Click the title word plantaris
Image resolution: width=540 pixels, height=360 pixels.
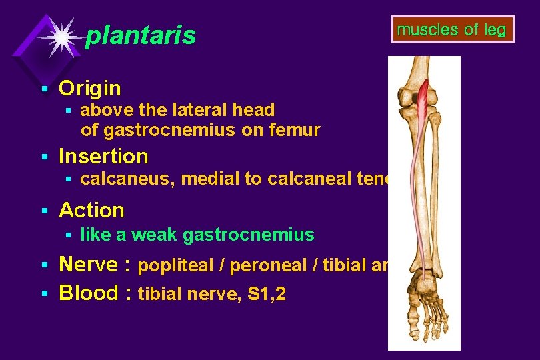(141, 35)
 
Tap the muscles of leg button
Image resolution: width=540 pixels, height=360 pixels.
(451, 29)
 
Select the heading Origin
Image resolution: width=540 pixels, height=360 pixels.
(90, 88)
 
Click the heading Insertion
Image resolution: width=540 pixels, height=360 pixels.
(103, 156)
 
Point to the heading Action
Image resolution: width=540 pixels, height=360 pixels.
(91, 210)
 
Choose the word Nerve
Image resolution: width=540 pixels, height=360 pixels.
(89, 265)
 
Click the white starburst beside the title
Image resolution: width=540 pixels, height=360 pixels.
(61, 36)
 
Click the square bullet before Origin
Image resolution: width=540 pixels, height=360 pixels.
(43, 89)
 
